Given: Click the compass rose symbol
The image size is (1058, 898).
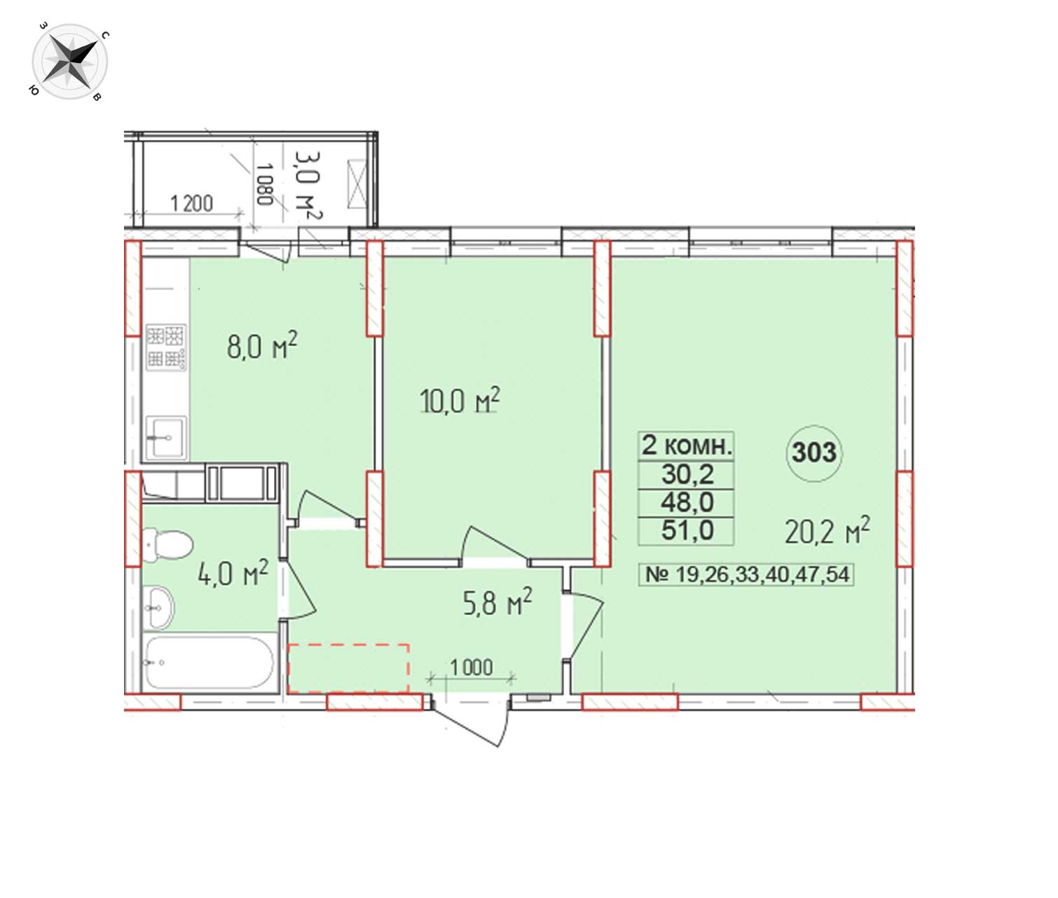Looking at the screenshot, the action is (70, 62).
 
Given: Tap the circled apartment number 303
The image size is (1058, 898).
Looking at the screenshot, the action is (814, 453).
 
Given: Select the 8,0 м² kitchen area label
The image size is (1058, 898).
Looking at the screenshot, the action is (261, 346).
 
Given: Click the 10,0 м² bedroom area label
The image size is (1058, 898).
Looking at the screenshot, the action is (459, 401).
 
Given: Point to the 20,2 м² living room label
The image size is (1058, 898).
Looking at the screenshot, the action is (827, 531).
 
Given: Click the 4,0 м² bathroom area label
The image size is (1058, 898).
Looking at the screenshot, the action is (233, 572).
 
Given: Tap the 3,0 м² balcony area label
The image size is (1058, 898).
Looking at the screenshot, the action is (309, 185).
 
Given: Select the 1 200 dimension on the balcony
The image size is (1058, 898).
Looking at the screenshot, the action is (191, 204).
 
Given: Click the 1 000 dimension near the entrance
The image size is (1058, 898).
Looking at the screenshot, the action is (472, 668).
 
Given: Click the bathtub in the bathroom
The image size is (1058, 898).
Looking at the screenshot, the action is (209, 663).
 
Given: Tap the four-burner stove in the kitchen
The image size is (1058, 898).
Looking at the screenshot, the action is (166, 347).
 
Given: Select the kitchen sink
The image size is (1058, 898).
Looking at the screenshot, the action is (166, 438).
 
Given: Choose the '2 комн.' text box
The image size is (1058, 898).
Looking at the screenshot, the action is (686, 446).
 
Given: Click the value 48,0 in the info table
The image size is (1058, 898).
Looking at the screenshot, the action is (687, 502).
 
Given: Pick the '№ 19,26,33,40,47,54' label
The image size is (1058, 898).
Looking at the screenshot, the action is (746, 574).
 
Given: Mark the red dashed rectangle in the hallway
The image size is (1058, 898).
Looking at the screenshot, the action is (348, 668).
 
